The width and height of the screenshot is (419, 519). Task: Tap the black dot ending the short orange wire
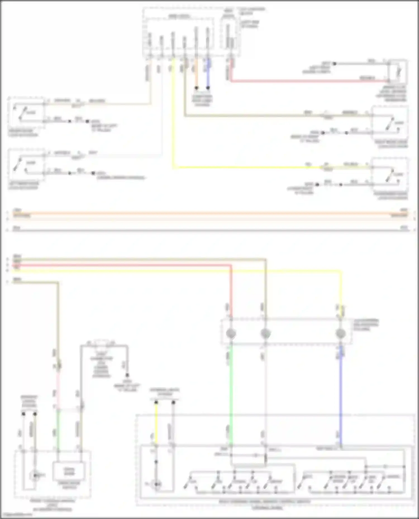[196, 88]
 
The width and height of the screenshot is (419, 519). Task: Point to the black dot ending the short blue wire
[208, 88]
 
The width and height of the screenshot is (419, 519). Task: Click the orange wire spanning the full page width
[209, 214]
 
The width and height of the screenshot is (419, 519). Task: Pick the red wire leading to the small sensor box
[307, 81]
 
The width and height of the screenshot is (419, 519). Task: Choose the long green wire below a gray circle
[231, 390]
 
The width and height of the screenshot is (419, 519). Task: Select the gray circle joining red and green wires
[231, 333]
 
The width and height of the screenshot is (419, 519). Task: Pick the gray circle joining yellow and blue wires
[341, 333]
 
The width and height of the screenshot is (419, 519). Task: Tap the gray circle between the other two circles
[265, 333]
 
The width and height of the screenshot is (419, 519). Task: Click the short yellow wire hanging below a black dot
[156, 421]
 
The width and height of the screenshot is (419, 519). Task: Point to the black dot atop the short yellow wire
[156, 402]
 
